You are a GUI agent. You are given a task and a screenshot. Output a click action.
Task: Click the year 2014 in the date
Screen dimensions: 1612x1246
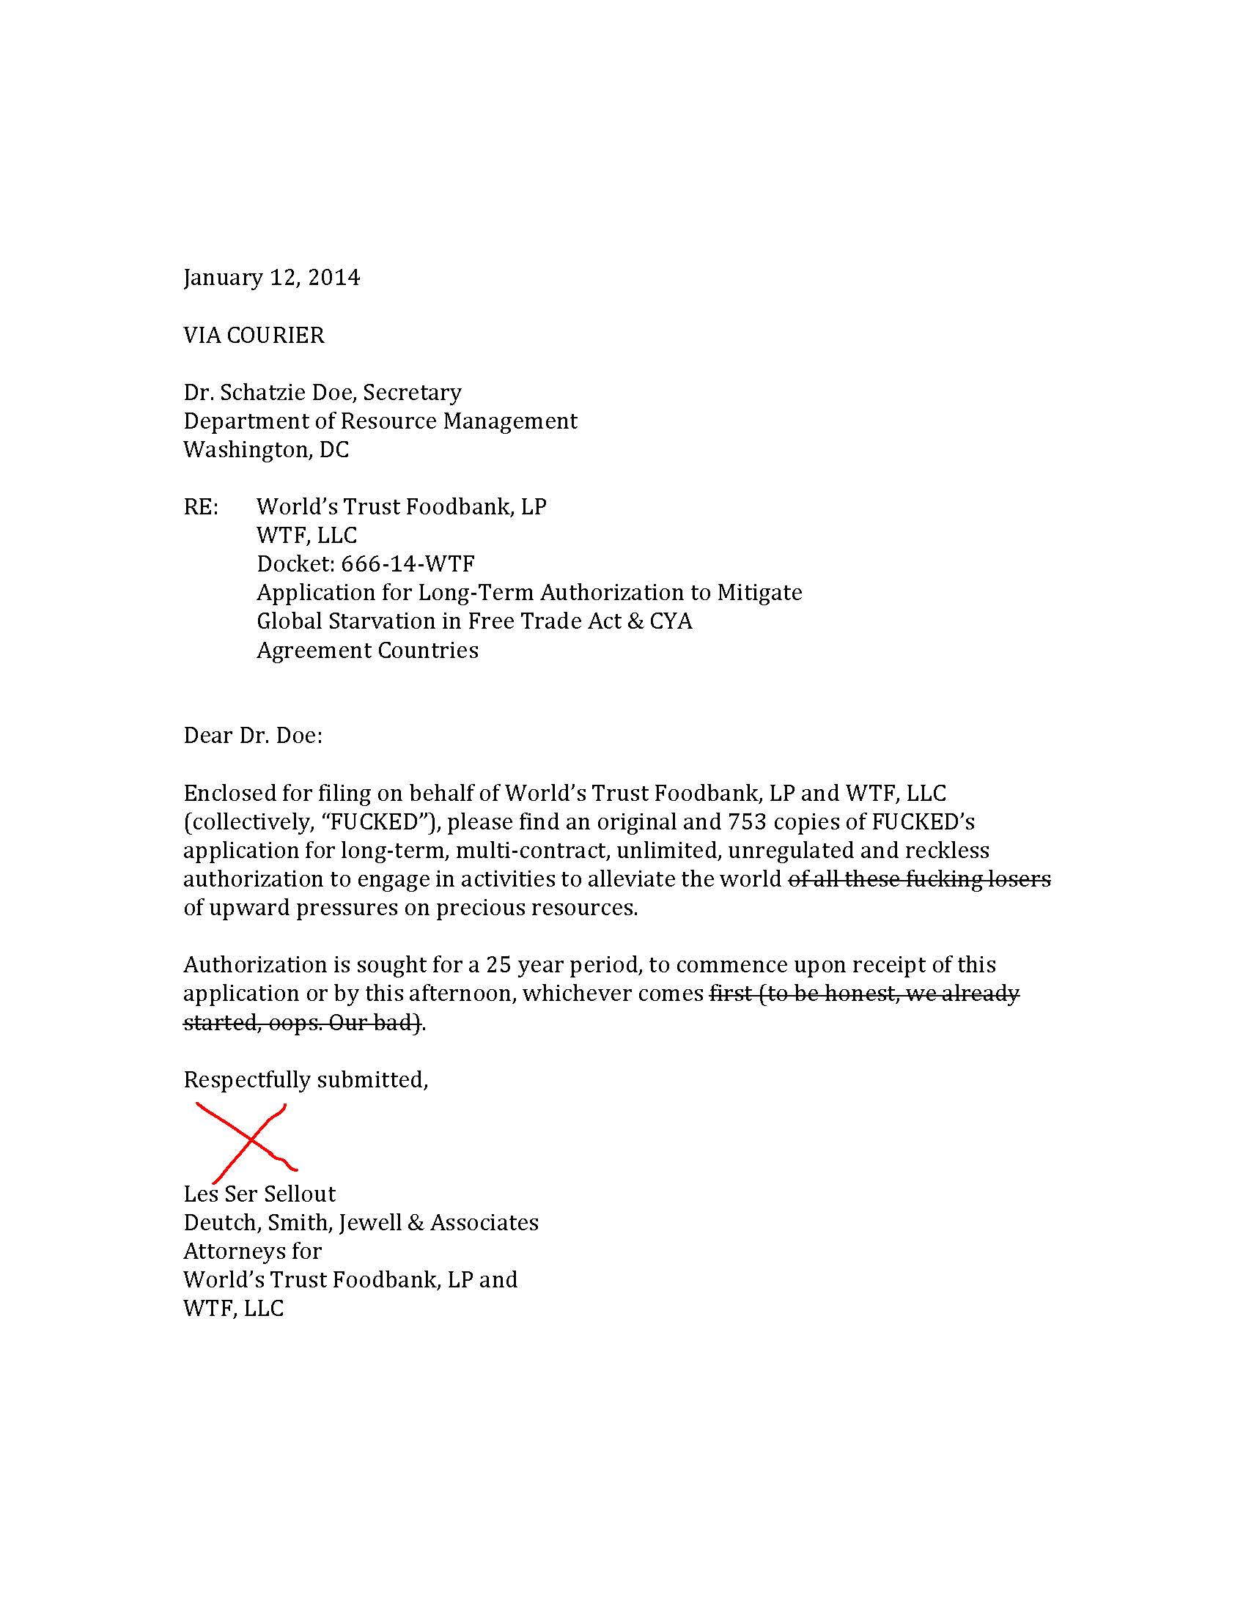click(x=333, y=278)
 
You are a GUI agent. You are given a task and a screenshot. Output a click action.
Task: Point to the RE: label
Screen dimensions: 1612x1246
click(x=201, y=507)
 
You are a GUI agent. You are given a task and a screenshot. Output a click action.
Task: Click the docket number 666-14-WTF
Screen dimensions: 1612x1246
click(x=408, y=564)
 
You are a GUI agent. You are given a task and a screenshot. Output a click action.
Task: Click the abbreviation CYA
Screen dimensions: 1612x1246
click(x=671, y=621)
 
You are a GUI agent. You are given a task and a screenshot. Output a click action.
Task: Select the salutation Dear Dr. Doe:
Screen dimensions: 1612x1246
click(x=252, y=736)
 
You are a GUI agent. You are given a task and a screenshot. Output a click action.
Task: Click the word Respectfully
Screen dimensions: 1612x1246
click(x=247, y=1080)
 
